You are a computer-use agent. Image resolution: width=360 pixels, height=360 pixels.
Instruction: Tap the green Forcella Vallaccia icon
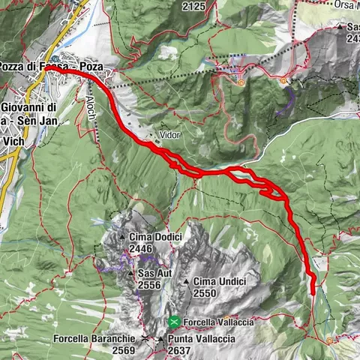(174, 322)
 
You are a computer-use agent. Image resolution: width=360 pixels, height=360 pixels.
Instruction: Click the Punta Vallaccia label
(203, 339)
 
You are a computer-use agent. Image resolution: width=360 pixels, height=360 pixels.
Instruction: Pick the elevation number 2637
(179, 350)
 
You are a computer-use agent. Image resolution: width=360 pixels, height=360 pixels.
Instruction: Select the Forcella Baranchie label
(94, 339)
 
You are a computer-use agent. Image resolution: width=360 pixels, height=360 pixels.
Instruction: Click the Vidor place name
(169, 135)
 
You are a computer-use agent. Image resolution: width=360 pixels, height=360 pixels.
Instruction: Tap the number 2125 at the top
(193, 7)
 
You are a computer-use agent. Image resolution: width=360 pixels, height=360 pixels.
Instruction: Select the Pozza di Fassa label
(34, 67)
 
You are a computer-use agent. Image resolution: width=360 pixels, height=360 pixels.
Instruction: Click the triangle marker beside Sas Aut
(131, 274)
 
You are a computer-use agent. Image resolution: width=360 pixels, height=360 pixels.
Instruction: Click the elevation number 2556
(150, 286)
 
